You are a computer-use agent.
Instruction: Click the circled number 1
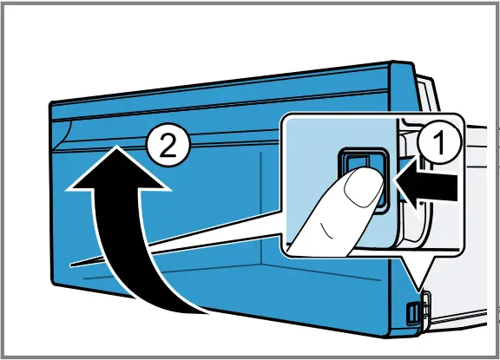pos(439,142)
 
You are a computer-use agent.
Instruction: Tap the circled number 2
pos(168,145)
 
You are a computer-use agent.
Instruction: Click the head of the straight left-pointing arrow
pos(407,187)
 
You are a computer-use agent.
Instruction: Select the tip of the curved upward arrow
pos(117,146)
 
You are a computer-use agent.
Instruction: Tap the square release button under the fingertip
pos(364,180)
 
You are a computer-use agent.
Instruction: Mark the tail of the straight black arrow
pos(457,187)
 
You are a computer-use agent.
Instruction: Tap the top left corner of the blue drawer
pos(51,103)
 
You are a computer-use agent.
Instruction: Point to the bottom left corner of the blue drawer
pos(54,283)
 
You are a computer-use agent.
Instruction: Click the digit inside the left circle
pos(168,145)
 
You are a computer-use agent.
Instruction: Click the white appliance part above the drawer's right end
pos(428,93)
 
